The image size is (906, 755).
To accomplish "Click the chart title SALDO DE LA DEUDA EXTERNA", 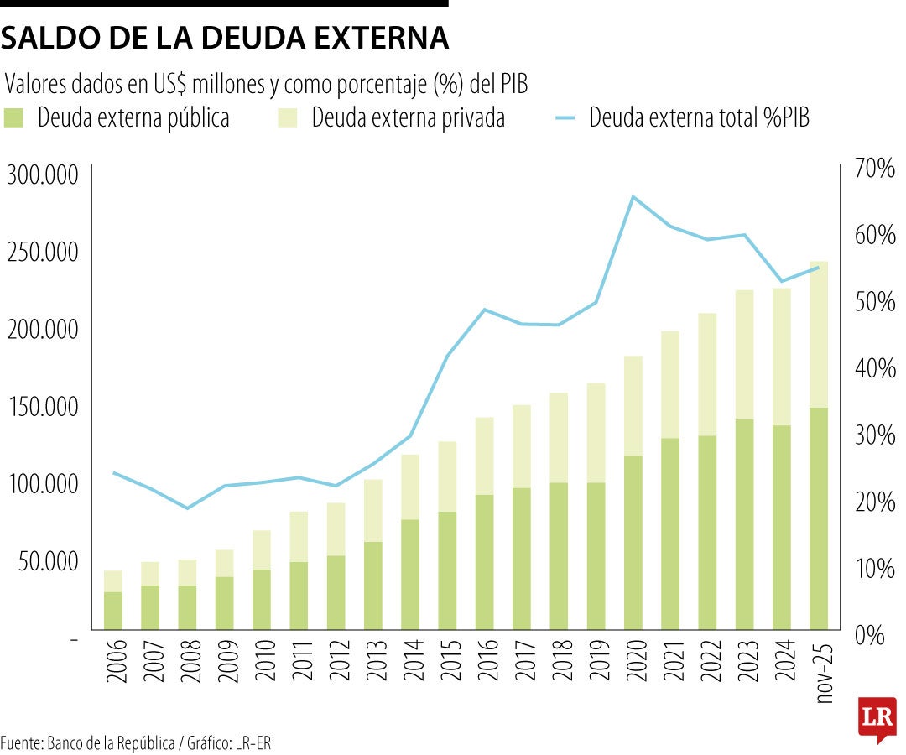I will click(x=224, y=38).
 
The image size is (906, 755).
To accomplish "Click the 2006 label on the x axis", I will click(x=113, y=661).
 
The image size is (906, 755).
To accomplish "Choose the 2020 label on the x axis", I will click(x=633, y=661).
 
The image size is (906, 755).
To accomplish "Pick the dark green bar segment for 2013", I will click(x=373, y=586).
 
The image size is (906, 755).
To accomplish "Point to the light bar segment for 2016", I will click(x=484, y=456).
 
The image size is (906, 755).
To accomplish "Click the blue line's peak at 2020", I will click(x=633, y=196).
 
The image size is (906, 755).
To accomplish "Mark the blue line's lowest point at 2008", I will click(x=188, y=508).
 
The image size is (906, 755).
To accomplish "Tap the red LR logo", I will click(x=877, y=718).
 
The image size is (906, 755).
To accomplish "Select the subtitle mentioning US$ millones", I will click(x=270, y=84).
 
